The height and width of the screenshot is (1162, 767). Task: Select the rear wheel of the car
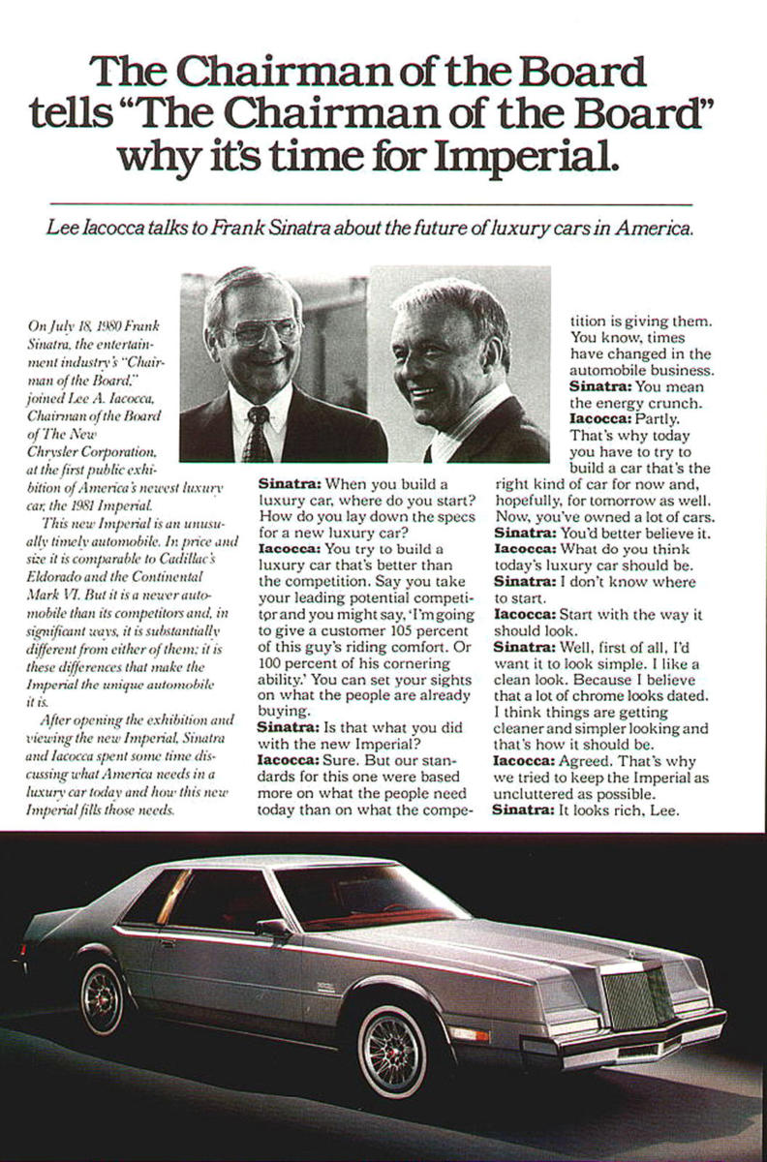point(103,994)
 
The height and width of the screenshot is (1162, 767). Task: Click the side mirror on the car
point(273,927)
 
